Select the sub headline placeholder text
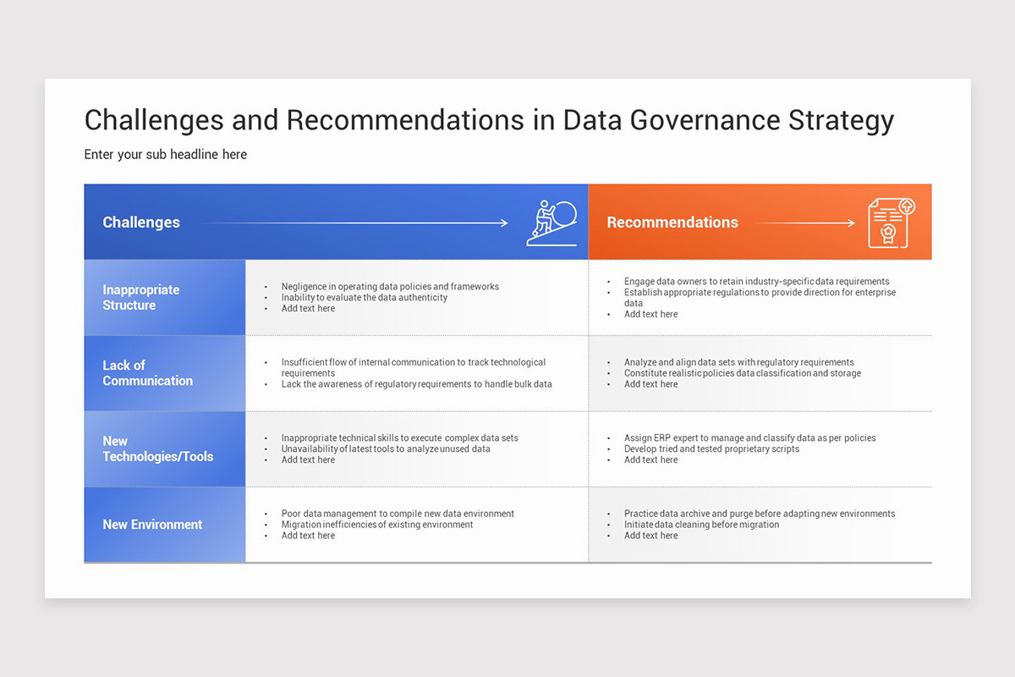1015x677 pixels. (x=166, y=154)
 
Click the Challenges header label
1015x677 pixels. (x=141, y=223)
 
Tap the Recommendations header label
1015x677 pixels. (x=672, y=223)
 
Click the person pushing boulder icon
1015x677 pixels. (x=551, y=223)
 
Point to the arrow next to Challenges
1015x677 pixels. (x=355, y=223)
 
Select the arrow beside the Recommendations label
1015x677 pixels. (x=804, y=223)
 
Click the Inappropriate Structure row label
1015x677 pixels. (x=141, y=297)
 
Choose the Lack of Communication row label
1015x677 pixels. (x=148, y=373)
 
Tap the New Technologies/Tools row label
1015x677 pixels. (x=158, y=449)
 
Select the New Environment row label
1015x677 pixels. (x=152, y=525)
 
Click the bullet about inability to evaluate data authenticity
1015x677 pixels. (x=365, y=298)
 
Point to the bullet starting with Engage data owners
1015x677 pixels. (x=756, y=282)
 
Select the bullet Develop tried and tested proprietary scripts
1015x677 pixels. (x=711, y=449)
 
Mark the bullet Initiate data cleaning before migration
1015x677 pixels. (x=701, y=525)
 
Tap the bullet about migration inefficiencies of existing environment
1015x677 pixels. (x=377, y=525)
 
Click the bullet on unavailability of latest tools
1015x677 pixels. (x=386, y=449)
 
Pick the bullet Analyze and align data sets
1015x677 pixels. (x=738, y=362)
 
